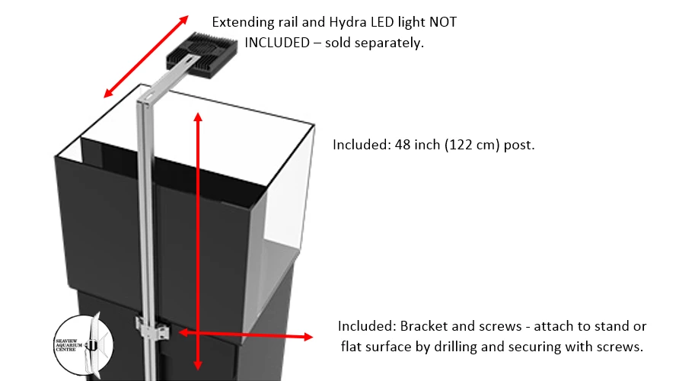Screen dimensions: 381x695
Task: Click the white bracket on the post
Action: coord(152,330)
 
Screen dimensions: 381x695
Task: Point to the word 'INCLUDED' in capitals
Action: coord(277,43)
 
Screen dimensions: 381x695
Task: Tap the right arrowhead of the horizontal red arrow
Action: coord(308,336)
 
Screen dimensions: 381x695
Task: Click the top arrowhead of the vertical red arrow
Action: coord(199,117)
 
